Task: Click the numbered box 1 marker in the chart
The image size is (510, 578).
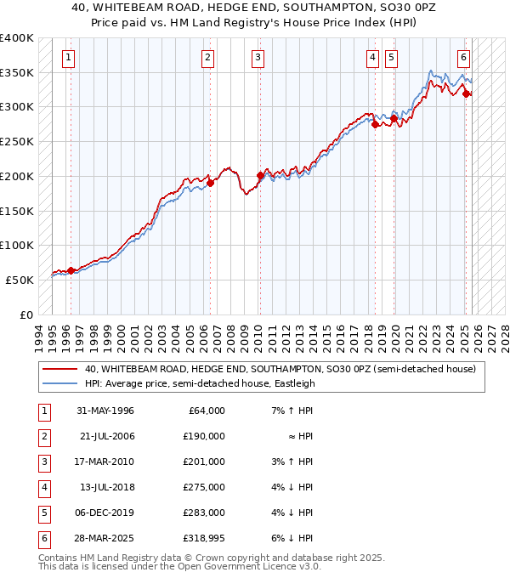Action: click(x=68, y=58)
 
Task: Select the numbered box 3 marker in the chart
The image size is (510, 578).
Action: click(x=258, y=58)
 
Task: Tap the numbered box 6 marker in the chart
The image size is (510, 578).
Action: click(x=463, y=58)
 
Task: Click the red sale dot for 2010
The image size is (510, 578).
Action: click(x=260, y=176)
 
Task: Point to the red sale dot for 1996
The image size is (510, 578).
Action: click(x=71, y=270)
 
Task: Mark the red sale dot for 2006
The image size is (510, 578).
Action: click(x=210, y=183)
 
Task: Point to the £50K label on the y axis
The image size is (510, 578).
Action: click(x=20, y=280)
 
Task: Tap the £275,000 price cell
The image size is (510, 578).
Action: click(x=206, y=487)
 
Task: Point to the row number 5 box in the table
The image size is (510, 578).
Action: click(x=42, y=513)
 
